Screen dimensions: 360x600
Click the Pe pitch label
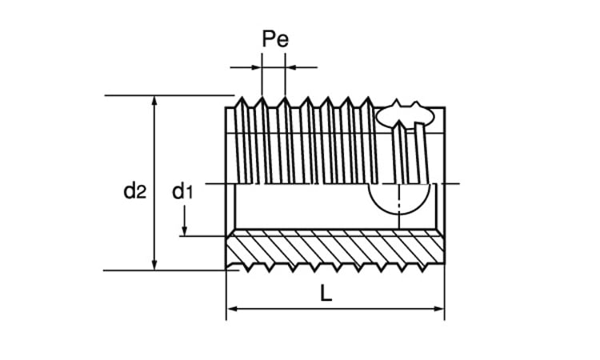274,39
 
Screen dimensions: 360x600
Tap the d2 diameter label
134,190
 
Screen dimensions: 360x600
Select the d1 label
183,190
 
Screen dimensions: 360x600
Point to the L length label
326,293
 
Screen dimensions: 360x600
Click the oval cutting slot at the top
405,115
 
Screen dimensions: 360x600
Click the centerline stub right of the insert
454,185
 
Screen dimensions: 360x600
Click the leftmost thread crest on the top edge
241,100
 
